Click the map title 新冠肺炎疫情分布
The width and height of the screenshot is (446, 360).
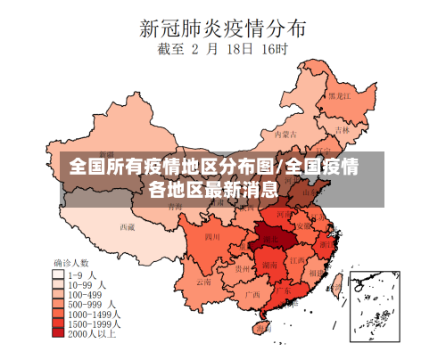click(x=223, y=27)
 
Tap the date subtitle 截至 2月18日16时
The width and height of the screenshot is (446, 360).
click(x=223, y=50)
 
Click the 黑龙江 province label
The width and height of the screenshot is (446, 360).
click(x=340, y=94)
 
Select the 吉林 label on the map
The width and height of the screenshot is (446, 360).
click(x=343, y=129)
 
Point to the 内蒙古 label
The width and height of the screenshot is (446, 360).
click(x=283, y=135)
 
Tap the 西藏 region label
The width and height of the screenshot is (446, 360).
click(x=128, y=226)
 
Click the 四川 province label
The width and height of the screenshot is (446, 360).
click(x=212, y=237)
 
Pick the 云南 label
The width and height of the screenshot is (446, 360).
click(x=204, y=282)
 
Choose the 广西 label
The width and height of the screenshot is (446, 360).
click(x=252, y=292)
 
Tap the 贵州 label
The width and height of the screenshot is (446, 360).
click(x=243, y=266)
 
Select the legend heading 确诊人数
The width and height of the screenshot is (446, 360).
click(x=70, y=264)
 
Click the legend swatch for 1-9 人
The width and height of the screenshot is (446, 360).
click(x=60, y=274)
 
